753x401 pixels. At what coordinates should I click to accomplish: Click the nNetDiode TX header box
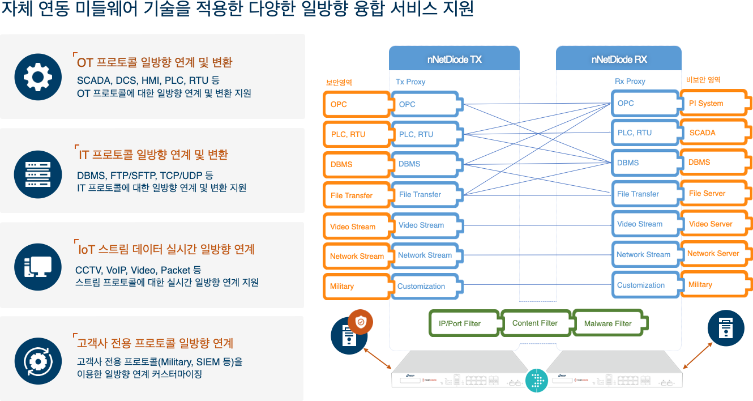[454, 59]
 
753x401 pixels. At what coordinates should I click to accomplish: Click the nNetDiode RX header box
[618, 59]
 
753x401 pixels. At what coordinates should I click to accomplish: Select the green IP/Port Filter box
[463, 323]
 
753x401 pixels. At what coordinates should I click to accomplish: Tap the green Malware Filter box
[609, 323]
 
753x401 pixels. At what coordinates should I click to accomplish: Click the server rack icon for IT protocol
[38, 174]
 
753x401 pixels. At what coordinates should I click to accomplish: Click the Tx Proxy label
[410, 82]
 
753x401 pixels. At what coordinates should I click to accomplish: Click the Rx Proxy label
[630, 81]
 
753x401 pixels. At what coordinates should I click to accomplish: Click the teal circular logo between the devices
[537, 380]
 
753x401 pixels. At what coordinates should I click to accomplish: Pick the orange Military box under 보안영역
[356, 286]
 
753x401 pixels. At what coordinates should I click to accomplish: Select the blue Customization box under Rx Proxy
[644, 285]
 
